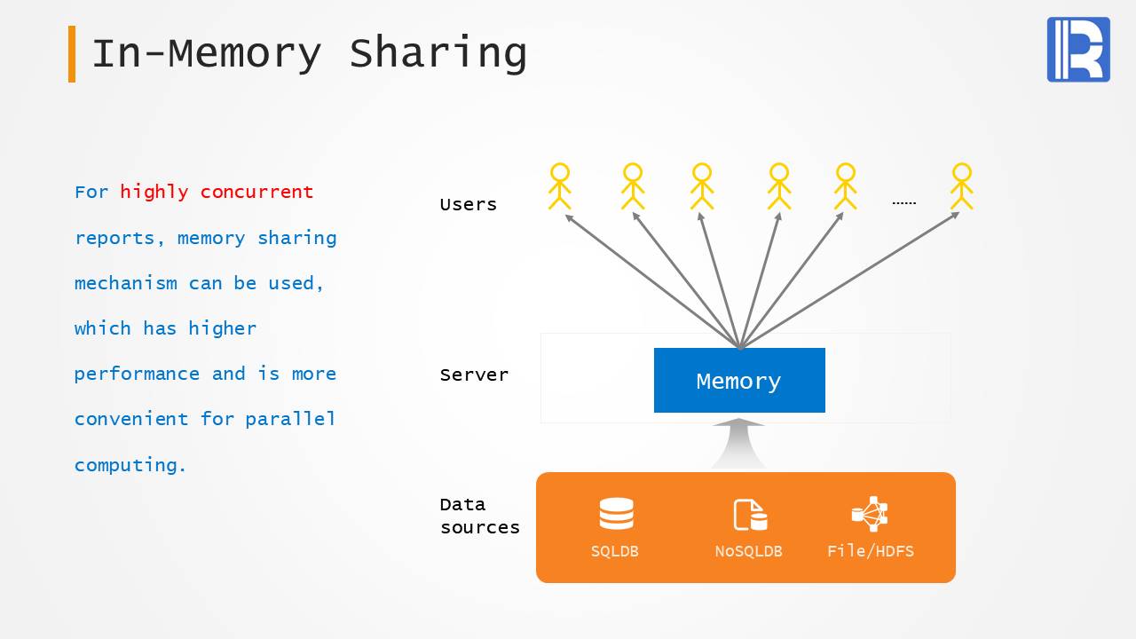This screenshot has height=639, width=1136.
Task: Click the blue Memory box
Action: [x=739, y=381]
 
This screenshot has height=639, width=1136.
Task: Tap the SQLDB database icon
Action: [x=616, y=515]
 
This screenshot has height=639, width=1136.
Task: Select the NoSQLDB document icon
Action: [x=749, y=515]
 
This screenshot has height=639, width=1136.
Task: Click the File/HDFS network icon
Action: [x=870, y=514]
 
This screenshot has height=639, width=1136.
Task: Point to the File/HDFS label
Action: [x=870, y=551]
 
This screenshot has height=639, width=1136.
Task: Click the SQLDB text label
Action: [x=615, y=551]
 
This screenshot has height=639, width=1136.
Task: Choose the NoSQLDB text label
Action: [x=748, y=551]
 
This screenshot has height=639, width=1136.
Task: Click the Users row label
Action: [x=468, y=204]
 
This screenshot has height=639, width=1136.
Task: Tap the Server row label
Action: [x=474, y=375]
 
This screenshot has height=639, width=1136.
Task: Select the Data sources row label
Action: [x=479, y=516]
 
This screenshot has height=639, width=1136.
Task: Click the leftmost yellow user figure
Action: [x=559, y=186]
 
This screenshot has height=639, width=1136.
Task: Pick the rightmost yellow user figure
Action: [x=961, y=186]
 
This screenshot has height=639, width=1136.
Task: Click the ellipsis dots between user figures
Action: [x=903, y=203]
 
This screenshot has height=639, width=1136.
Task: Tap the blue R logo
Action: [x=1078, y=50]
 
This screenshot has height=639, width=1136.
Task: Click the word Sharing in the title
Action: [x=438, y=53]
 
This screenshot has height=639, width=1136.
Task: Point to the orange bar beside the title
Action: [x=72, y=54]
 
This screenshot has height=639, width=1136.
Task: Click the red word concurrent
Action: [x=256, y=192]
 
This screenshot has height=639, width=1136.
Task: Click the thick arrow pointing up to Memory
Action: [x=738, y=443]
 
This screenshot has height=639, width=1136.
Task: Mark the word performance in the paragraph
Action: [x=137, y=374]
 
